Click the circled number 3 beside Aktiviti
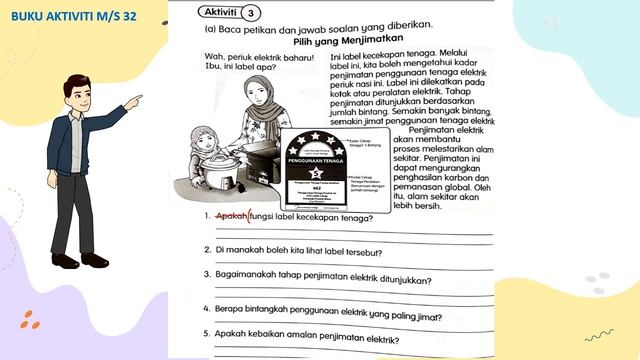pyautogui.click(x=250, y=13)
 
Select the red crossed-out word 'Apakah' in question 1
pyautogui.click(x=231, y=215)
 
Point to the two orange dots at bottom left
pyautogui.click(x=29, y=321)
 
